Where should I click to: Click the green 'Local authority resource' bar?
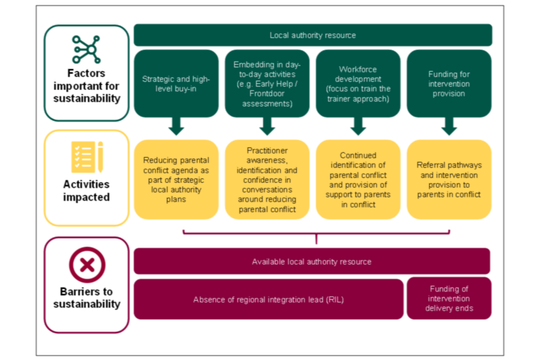coord(313,35)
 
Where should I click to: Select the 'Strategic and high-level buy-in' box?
coord(176,83)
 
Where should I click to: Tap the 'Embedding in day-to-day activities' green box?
coord(267,83)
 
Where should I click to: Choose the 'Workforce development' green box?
coord(358,83)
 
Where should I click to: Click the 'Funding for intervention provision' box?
coord(449,83)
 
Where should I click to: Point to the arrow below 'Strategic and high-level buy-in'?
coord(176,127)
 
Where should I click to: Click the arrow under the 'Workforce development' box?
coord(358,127)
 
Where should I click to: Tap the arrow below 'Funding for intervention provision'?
coord(449,127)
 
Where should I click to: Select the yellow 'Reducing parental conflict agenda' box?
coord(176,179)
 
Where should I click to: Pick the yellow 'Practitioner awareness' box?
coord(267,179)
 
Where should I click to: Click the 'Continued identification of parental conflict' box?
coord(358,179)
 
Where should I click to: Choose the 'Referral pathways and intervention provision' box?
coord(449,179)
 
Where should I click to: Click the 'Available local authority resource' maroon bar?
coord(312,262)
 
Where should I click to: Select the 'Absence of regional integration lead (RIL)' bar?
coord(268,299)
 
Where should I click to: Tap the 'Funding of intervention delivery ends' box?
coord(449,299)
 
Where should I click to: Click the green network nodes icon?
coord(86,49)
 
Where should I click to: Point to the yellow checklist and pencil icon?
coord(87,157)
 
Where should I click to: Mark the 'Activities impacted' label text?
coord(87,191)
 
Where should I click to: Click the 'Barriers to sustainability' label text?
coord(87,298)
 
